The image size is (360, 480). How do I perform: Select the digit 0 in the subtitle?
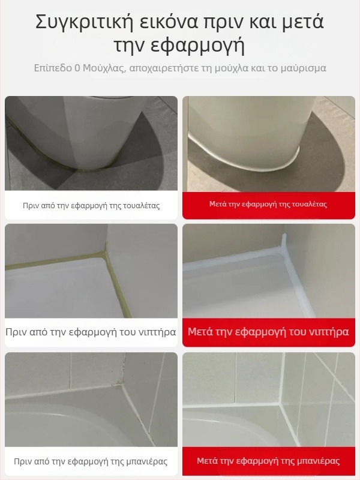click(x=77, y=68)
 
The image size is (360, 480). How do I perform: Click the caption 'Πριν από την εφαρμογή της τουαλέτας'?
click(x=91, y=205)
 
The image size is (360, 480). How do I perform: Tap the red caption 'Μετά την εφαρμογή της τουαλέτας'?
click(x=268, y=204)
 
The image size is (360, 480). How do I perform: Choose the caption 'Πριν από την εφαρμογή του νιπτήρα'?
click(x=91, y=332)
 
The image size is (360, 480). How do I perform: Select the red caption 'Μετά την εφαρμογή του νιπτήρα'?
click(x=268, y=332)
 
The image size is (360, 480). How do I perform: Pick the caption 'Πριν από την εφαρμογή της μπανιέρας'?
click(x=91, y=461)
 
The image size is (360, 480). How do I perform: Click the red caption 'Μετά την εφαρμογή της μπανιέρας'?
click(x=268, y=461)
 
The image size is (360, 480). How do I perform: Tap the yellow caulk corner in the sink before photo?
click(x=106, y=254)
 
